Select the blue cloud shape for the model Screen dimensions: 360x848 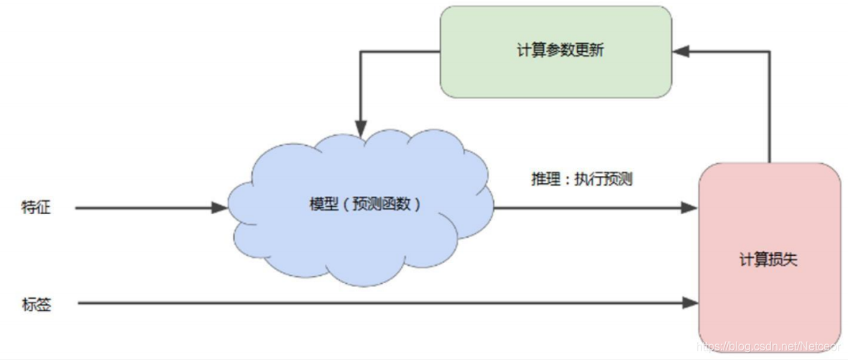[359, 237]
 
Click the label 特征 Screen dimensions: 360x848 [36, 208]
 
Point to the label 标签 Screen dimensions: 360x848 [36, 304]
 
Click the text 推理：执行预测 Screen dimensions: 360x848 [581, 179]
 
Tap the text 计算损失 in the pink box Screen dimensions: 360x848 [768, 259]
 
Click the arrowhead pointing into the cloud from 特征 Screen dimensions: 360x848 [220, 208]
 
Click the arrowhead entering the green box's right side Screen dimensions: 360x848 [680, 51]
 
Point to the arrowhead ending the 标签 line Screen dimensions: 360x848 [691, 304]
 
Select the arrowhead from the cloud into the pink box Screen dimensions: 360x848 [691, 208]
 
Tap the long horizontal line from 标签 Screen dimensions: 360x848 [359, 304]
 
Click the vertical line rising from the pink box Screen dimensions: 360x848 [770, 108]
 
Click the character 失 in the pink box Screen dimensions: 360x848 [790, 259]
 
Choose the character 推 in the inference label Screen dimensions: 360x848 [538, 179]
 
